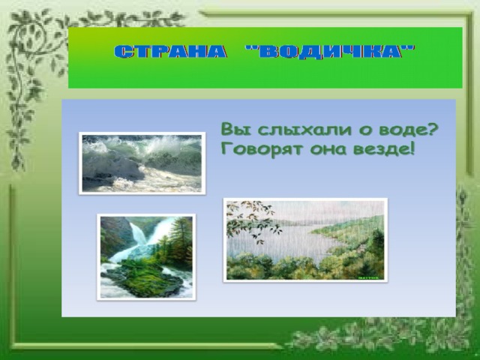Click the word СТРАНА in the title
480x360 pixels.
click(x=170, y=52)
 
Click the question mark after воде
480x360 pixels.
click(x=432, y=129)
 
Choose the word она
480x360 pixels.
click(x=329, y=150)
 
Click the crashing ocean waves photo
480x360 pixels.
click(x=142, y=163)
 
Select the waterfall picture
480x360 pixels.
click(x=146, y=257)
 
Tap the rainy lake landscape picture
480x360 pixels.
click(x=305, y=240)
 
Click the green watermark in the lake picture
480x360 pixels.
click(x=368, y=278)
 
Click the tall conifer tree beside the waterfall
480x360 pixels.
click(x=181, y=238)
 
